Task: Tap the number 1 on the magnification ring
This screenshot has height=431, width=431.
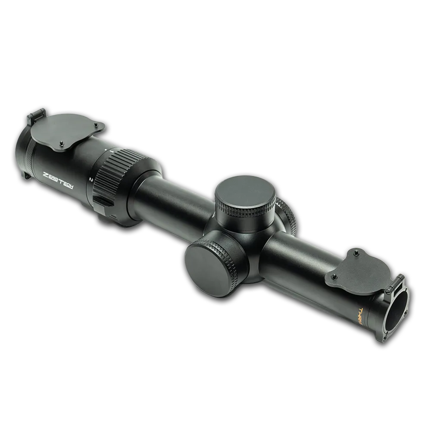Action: click(112, 152)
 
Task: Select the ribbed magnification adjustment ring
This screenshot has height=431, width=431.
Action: click(119, 172)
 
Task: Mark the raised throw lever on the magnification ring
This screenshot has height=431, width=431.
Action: click(102, 203)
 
